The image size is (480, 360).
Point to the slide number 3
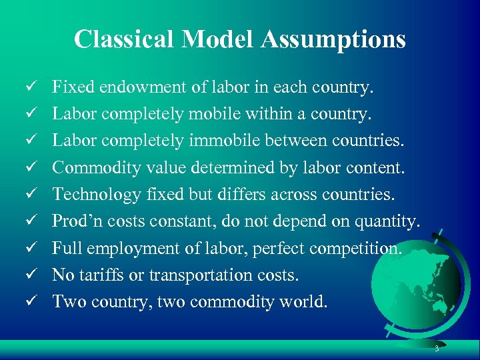click(x=436, y=349)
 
